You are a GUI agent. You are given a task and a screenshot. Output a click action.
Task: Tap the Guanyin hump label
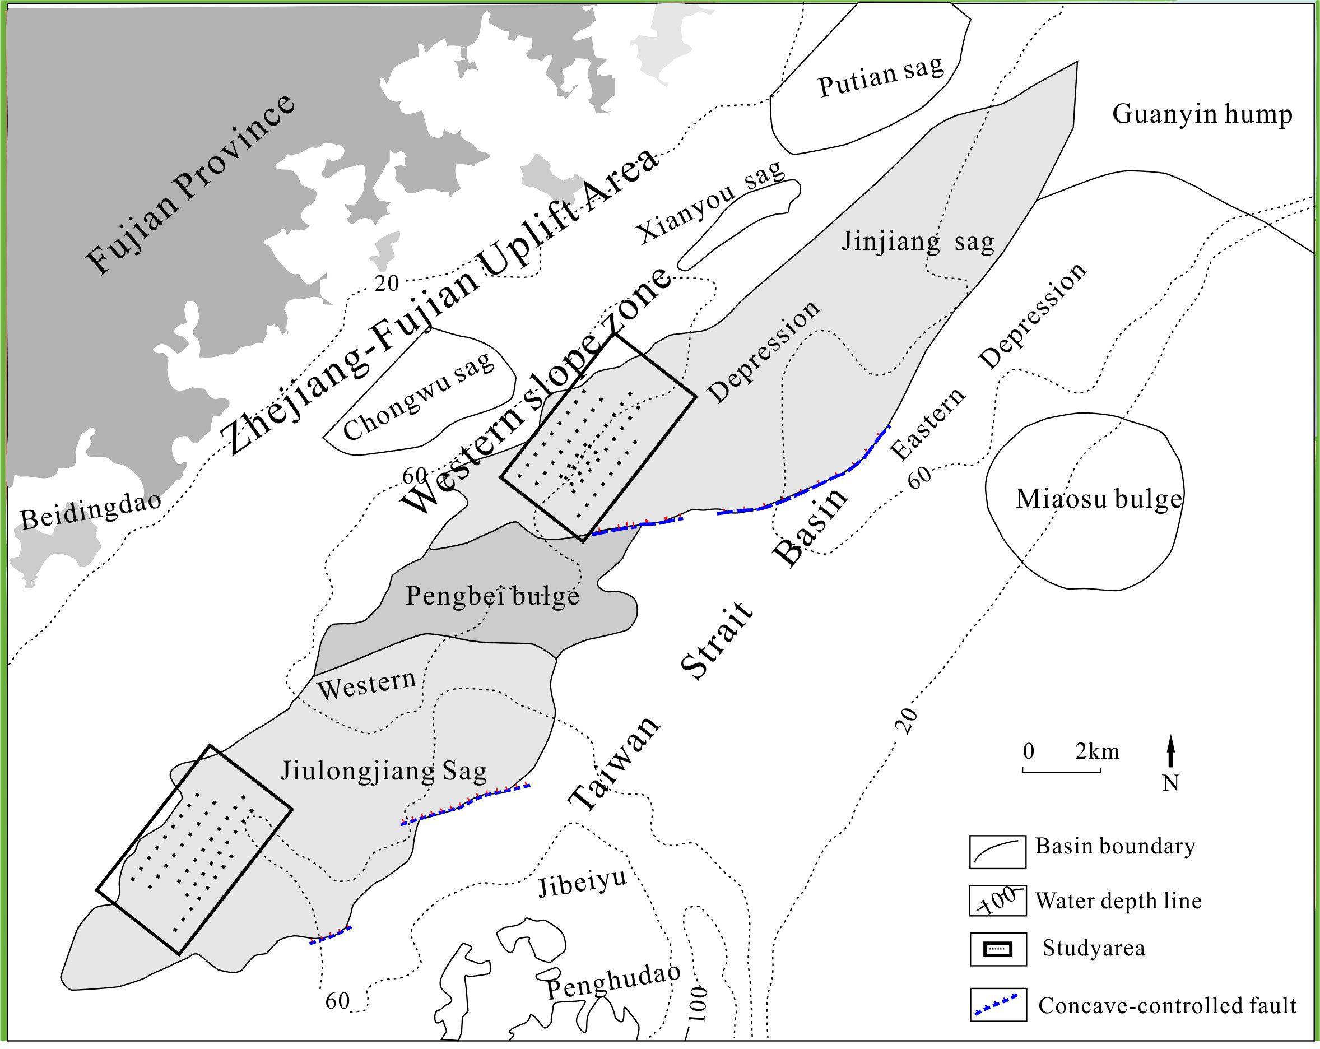[x=1202, y=114]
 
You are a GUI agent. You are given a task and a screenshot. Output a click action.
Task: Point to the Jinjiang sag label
[x=918, y=242]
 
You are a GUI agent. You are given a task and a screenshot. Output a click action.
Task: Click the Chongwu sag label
[x=418, y=397]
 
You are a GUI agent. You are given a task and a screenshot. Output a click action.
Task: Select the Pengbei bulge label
[x=492, y=596]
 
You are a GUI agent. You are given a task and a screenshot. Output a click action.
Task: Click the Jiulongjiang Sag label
[x=384, y=771]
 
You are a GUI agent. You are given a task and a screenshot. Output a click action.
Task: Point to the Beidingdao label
[x=91, y=510]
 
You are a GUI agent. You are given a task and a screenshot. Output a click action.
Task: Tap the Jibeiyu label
[x=582, y=883]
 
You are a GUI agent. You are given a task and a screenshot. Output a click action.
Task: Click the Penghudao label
[x=613, y=981]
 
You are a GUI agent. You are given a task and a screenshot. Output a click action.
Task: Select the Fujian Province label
[x=190, y=185]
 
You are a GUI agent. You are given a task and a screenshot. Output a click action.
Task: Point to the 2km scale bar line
[x=1061, y=772]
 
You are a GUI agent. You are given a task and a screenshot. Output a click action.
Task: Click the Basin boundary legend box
[x=997, y=851]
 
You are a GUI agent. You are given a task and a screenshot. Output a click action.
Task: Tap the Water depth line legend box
[x=997, y=900]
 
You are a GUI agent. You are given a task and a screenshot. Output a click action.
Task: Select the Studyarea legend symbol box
[x=997, y=949]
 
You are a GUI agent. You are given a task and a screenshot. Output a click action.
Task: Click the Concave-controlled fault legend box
[x=997, y=1004]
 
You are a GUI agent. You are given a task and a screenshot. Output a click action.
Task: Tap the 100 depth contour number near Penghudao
[x=698, y=1004]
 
